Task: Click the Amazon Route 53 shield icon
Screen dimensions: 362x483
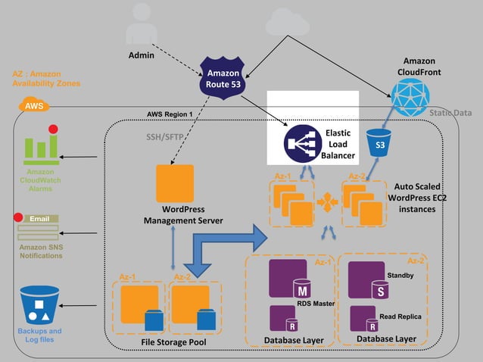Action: point(224,78)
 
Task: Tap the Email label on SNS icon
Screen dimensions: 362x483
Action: point(39,220)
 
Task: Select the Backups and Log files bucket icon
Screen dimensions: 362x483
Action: point(40,304)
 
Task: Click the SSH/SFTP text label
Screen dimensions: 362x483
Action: point(162,138)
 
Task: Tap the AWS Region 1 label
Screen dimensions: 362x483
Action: point(170,114)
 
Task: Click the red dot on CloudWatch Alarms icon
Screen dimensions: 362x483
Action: point(54,130)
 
